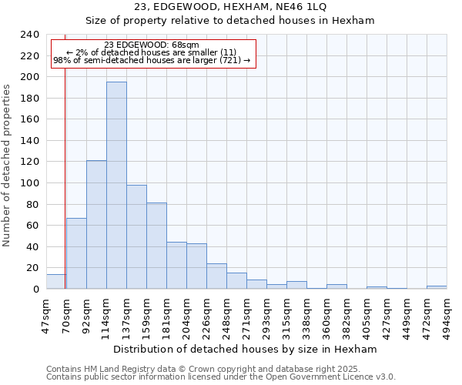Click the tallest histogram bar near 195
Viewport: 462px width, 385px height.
116,185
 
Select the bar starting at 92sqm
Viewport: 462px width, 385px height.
96,224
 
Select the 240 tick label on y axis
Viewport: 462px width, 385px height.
30,35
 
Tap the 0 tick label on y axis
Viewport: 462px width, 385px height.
35,290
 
